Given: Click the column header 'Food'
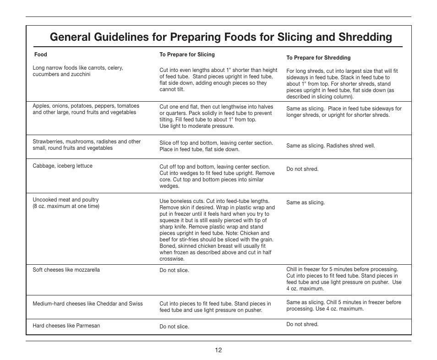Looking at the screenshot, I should (x=41, y=55).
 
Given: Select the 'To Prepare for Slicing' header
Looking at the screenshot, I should (x=187, y=55).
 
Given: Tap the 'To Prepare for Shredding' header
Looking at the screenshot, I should (x=318, y=58).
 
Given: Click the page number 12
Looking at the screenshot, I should (x=218, y=350).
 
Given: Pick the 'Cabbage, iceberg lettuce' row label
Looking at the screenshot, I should (x=62, y=166).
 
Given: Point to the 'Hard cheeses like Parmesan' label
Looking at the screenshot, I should (x=66, y=326).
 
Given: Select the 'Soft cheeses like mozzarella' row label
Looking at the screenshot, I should (x=66, y=270).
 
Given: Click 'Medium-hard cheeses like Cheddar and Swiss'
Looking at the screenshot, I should (x=87, y=303).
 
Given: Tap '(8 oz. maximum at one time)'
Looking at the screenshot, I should (x=66, y=206).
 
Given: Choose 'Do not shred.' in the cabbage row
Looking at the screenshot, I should (x=302, y=169).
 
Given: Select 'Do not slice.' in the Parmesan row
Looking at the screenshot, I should (x=174, y=327).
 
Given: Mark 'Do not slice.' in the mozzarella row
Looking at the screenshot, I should (x=174, y=270).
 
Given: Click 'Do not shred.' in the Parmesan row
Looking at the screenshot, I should (x=302, y=324).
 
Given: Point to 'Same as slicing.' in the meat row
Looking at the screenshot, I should (x=306, y=202).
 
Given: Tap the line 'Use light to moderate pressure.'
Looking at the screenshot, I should (x=197, y=126).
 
